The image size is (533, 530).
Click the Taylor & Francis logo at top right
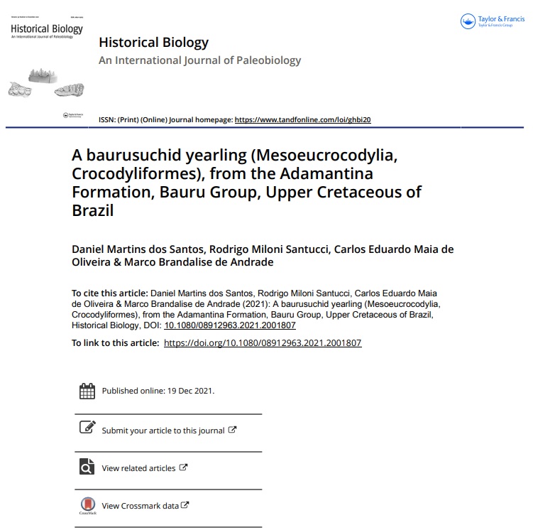click(x=492, y=22)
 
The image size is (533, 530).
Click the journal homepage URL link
click(x=302, y=120)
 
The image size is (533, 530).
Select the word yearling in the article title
click(x=211, y=155)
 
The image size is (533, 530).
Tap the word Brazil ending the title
click(x=93, y=210)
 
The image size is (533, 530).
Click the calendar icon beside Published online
click(x=87, y=391)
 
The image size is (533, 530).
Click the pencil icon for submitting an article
click(x=87, y=428)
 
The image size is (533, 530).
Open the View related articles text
click(x=138, y=468)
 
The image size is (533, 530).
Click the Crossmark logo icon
click(x=87, y=506)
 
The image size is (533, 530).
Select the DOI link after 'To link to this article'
click(x=263, y=343)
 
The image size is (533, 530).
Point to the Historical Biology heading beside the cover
click(x=153, y=43)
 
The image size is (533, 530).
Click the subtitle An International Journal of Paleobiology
click(x=199, y=60)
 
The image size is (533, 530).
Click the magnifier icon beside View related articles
click(x=87, y=467)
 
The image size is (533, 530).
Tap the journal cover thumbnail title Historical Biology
click(x=46, y=29)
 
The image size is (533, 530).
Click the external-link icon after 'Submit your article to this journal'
click(x=232, y=430)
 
